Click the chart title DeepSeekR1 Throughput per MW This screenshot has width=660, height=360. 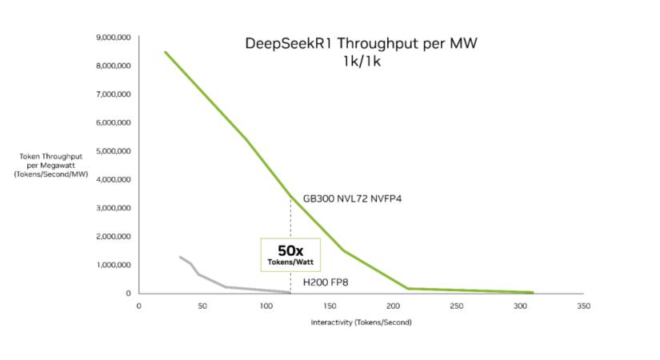pos(360,43)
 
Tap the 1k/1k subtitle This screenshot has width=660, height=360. pos(360,61)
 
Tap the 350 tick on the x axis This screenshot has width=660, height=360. pos(583,306)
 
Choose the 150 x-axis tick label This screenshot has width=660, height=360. pos(329,306)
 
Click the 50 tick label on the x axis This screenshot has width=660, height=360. pos(202,306)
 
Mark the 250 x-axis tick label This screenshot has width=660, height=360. pos(456,306)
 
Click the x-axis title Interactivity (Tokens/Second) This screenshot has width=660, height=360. pos(361,322)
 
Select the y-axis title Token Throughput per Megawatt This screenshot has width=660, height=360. pos(50,164)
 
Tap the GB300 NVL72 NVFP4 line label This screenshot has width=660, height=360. pos(351,198)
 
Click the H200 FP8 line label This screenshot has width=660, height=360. pos(324,282)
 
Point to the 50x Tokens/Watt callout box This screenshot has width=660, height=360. pos(290,253)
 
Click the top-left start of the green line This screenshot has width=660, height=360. pos(165,52)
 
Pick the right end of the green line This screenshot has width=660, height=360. pos(533,293)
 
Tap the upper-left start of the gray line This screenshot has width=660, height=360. pos(180,257)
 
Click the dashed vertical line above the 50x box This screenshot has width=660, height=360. pos(290,216)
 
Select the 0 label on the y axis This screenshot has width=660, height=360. pos(127,294)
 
